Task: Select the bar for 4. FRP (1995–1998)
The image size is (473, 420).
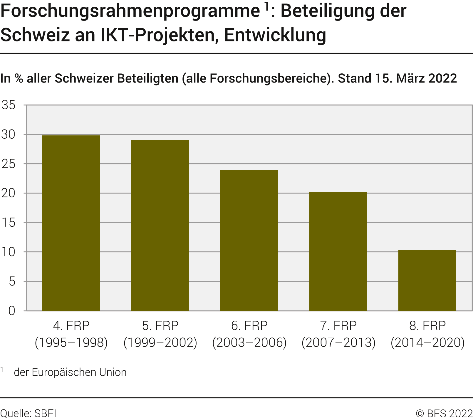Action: click(71, 223)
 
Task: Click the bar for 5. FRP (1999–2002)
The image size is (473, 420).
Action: click(160, 226)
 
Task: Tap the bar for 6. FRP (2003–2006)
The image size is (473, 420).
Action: click(249, 241)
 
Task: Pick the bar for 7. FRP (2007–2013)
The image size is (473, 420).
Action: click(338, 251)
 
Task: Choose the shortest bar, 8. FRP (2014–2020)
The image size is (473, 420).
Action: click(427, 280)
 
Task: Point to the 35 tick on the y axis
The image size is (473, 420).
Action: click(9, 105)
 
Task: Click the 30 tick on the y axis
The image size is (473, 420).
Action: click(9, 135)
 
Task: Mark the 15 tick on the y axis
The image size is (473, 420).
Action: click(9, 223)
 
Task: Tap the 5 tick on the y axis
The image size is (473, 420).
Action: click(12, 282)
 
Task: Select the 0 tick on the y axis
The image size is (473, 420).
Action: click(12, 311)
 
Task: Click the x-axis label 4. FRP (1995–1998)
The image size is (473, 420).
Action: click(71, 334)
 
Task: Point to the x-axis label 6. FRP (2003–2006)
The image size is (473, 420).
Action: click(249, 334)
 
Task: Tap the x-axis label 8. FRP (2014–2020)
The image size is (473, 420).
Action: click(427, 334)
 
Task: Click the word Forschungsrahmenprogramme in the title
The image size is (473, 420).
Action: click(130, 11)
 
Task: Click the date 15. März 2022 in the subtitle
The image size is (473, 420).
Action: click(416, 78)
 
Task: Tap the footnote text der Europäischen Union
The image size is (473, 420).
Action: click(70, 372)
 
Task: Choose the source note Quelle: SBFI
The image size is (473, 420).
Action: click(28, 414)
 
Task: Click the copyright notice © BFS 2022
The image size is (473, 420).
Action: click(444, 414)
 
